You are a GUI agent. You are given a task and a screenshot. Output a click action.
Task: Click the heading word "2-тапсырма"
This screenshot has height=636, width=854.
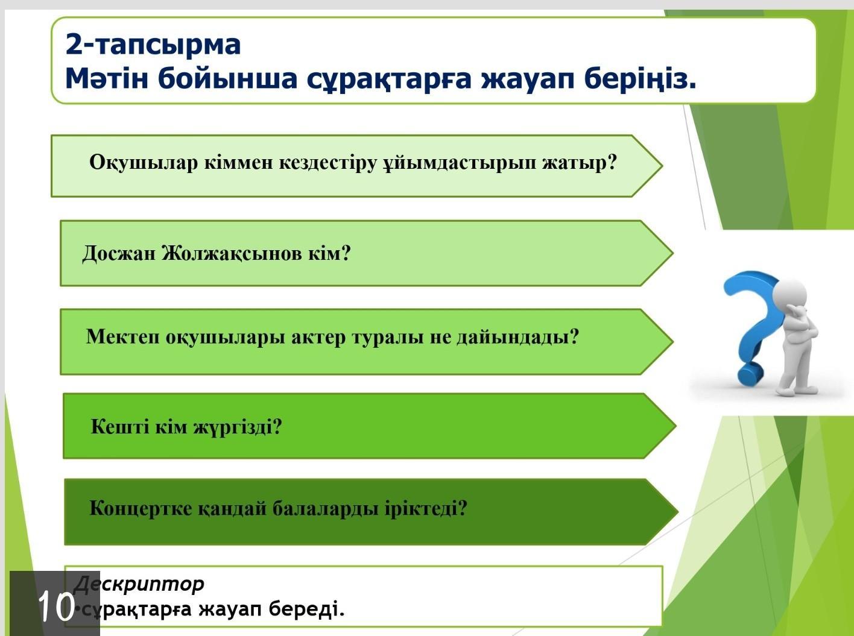tap(153, 45)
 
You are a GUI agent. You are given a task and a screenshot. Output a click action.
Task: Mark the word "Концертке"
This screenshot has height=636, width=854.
tap(141, 509)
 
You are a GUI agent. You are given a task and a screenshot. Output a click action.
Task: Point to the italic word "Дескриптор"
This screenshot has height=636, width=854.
tap(139, 585)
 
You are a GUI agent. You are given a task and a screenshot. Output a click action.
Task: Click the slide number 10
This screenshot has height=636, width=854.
tap(56, 606)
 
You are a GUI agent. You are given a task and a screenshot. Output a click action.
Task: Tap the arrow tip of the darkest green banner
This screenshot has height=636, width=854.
tap(678, 512)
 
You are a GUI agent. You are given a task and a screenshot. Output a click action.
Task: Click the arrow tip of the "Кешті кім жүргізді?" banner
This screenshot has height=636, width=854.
tap(675, 426)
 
